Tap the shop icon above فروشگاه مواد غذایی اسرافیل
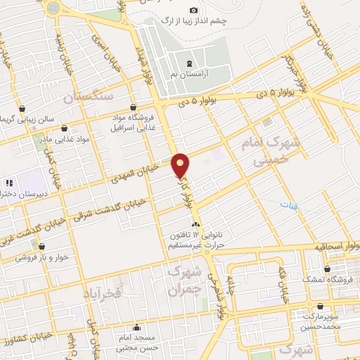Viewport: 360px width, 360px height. [x=134, y=108]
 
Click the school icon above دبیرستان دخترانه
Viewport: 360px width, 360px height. [x=9, y=183]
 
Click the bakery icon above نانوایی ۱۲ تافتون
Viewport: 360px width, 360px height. [x=196, y=224]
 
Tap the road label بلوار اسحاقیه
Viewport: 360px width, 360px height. [x=337, y=247]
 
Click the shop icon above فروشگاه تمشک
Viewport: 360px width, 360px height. [x=327, y=269]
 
